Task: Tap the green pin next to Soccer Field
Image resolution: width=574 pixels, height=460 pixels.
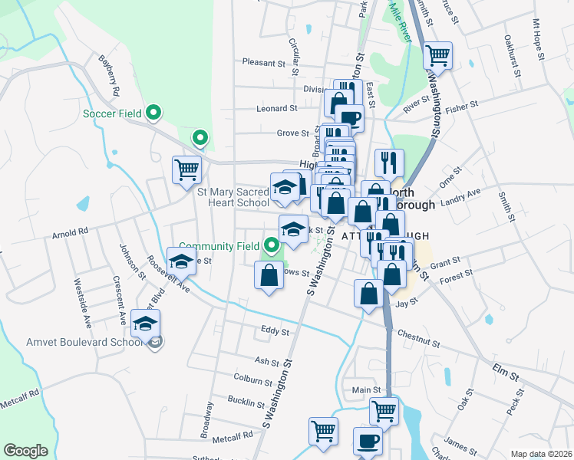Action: click(x=153, y=113)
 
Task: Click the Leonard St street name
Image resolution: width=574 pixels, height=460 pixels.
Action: click(x=276, y=109)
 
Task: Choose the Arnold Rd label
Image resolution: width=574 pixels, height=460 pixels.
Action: click(x=71, y=230)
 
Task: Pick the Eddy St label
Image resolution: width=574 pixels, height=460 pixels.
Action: click(x=274, y=332)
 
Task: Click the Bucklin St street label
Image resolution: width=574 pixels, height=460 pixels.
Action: click(x=246, y=400)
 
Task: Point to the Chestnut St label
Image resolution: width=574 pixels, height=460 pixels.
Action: click(x=418, y=337)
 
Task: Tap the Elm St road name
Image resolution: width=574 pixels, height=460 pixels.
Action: click(x=507, y=373)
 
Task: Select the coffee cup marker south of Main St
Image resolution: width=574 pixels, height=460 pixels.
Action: click(x=368, y=442)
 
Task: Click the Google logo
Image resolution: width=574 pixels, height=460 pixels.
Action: click(x=25, y=451)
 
